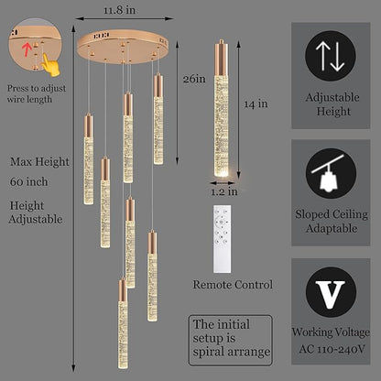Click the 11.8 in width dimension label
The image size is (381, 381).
(x=119, y=10)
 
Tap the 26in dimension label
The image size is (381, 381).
(x=194, y=79)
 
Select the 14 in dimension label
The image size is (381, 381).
(x=256, y=103)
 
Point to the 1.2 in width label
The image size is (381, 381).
(x=224, y=191)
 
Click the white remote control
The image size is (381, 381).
(x=222, y=239)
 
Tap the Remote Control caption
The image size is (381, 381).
(x=233, y=285)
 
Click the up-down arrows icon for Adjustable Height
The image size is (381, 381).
(x=331, y=56)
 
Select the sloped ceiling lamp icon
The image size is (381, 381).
(x=331, y=173)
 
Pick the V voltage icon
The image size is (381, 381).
(x=331, y=292)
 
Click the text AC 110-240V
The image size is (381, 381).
(x=332, y=349)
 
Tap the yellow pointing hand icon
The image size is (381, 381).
(x=50, y=65)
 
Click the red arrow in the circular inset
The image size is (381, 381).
(x=27, y=49)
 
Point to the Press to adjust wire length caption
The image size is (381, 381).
(x=37, y=93)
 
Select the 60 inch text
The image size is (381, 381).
(x=29, y=182)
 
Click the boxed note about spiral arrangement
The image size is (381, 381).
(x=231, y=340)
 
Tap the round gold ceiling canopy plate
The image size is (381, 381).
(x=123, y=47)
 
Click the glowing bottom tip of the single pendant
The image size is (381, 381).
(x=222, y=172)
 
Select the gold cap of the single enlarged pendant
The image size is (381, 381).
(x=222, y=58)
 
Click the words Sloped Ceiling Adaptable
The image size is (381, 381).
(x=332, y=222)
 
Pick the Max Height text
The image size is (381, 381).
(x=39, y=162)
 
